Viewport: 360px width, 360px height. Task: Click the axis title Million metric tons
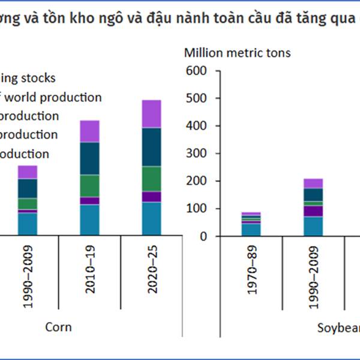click(237, 53)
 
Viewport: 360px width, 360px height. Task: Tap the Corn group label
click(59, 327)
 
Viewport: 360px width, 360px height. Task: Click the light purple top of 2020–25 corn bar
click(152, 113)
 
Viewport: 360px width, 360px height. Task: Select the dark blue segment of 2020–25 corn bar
click(152, 146)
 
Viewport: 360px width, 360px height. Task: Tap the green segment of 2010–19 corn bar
click(90, 185)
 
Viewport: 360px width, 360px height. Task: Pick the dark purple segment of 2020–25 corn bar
click(152, 197)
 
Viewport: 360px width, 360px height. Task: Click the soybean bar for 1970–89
click(251, 224)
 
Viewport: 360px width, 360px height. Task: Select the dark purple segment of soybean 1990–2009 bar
click(313, 211)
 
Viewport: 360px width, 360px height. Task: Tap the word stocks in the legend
click(37, 78)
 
